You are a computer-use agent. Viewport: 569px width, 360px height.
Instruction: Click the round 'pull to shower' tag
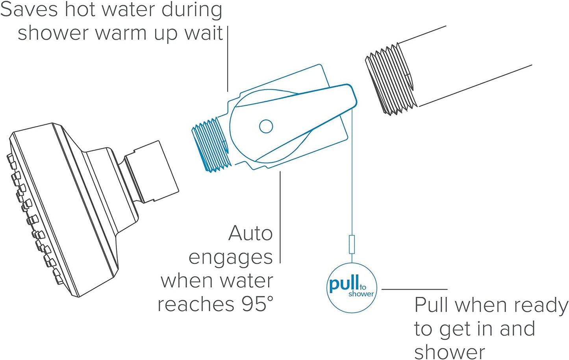point(352,288)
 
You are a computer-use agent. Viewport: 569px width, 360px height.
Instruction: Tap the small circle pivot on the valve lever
point(266,126)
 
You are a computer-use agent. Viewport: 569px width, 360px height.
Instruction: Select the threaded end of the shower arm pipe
point(389,79)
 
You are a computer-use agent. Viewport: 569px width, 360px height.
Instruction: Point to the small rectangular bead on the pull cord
point(352,244)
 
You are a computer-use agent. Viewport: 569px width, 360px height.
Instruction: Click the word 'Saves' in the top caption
point(29,9)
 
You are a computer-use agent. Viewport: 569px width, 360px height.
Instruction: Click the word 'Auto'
point(250,233)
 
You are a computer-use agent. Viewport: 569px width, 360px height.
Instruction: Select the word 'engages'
point(230,258)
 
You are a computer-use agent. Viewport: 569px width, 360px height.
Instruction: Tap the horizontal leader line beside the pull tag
point(414,289)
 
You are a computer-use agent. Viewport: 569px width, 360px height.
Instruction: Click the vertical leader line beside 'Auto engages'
point(280,216)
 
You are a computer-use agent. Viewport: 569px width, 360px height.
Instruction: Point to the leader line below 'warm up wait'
point(228,59)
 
